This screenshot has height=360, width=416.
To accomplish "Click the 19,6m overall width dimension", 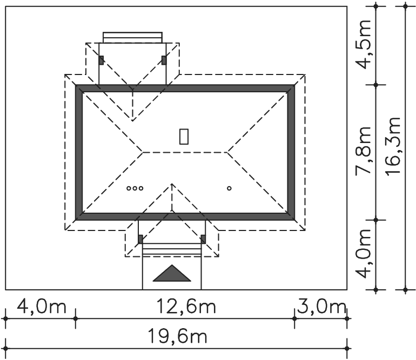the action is (x=177, y=336).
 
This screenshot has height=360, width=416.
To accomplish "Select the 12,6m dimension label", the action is (x=186, y=307).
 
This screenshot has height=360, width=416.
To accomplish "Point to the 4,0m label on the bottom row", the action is (x=42, y=307).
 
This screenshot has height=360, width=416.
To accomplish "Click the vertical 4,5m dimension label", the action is (x=363, y=44).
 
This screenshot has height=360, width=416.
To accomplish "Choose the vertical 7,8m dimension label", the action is (x=363, y=150).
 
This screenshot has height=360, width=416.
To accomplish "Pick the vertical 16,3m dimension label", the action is (x=393, y=145).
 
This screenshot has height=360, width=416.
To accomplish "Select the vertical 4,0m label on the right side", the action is (x=363, y=254).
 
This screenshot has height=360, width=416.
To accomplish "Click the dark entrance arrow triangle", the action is (x=172, y=274).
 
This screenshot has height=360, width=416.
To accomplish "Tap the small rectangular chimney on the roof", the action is (x=184, y=137).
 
